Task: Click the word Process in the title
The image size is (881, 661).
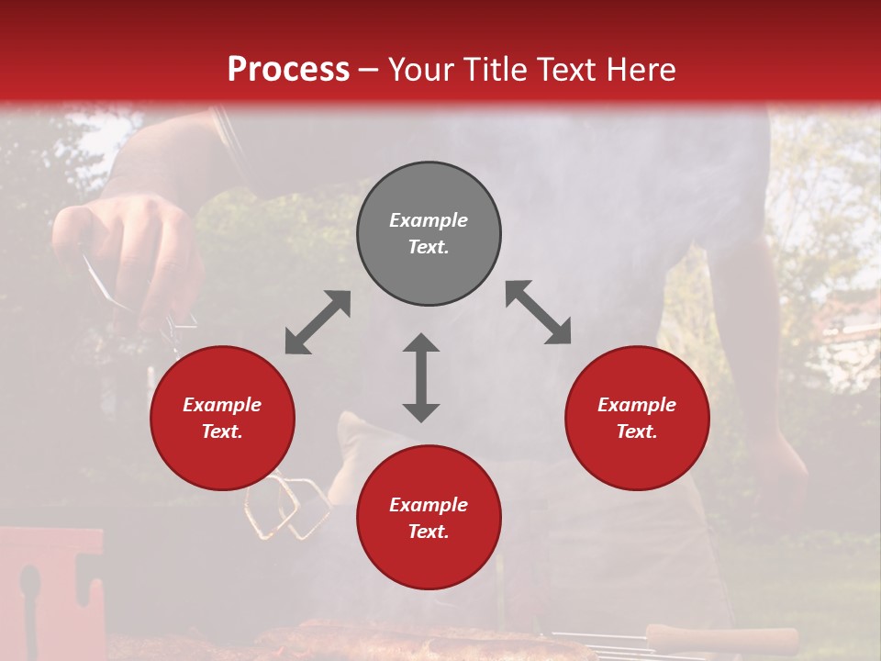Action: (x=288, y=70)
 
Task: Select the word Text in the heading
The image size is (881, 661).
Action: (x=562, y=70)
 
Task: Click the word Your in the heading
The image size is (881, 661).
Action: (x=423, y=70)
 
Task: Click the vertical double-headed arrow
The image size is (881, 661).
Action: (x=421, y=377)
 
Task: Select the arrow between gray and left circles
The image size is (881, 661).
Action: (x=318, y=322)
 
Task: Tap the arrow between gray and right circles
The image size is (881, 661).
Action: (x=538, y=312)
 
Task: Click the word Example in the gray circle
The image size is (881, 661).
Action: (x=429, y=220)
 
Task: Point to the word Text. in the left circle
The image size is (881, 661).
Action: (x=222, y=431)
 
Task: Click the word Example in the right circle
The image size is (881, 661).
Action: (x=637, y=405)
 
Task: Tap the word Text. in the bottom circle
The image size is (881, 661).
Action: (x=429, y=532)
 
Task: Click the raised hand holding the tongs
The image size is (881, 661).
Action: (x=128, y=248)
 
